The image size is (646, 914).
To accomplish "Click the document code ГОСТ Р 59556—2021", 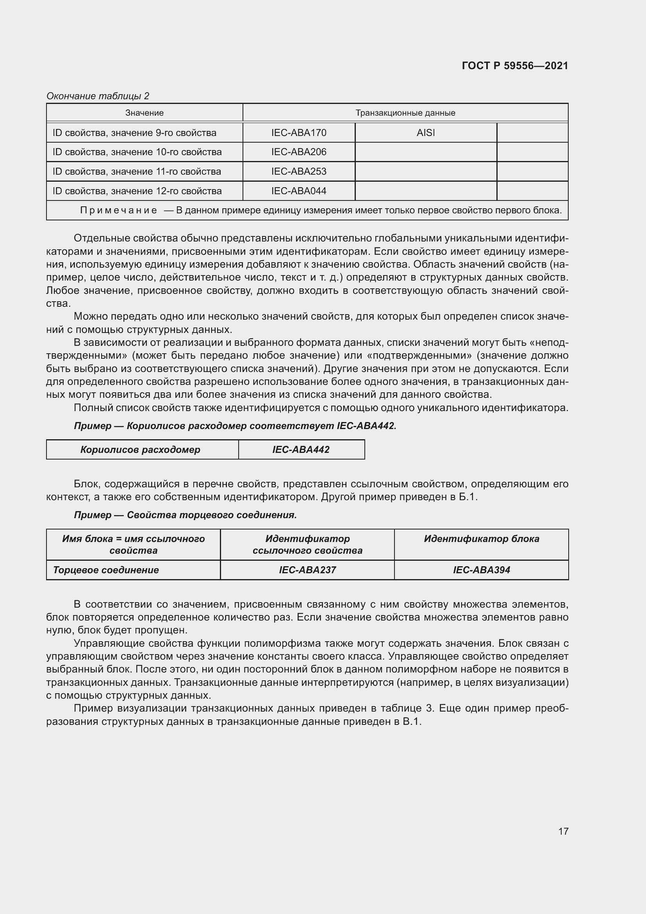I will [x=515, y=66].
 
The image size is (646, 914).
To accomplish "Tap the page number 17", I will [x=563, y=831].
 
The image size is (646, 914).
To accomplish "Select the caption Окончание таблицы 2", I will [x=98, y=96].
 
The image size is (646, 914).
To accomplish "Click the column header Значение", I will [x=145, y=113].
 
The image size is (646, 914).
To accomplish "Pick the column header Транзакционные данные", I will [x=405, y=113].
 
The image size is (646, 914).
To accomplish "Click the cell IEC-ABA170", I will [x=299, y=133].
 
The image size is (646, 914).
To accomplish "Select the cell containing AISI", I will [x=425, y=133].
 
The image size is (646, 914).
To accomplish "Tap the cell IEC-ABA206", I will [x=299, y=152].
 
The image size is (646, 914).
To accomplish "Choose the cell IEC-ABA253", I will [x=299, y=172].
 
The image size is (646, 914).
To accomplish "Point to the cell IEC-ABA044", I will [x=299, y=191].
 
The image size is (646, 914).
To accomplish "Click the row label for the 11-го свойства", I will [x=137, y=172].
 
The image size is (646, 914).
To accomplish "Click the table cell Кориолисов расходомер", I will [x=141, y=450].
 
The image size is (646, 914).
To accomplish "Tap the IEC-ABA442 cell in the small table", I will [x=301, y=450].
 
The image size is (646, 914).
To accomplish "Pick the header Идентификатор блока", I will [x=481, y=539].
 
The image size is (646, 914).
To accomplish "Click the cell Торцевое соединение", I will [x=106, y=570].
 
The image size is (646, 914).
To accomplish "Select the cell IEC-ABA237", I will [x=307, y=570].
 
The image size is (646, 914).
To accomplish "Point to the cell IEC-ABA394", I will [x=481, y=570].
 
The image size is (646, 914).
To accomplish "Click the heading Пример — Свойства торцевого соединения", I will [x=186, y=515].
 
